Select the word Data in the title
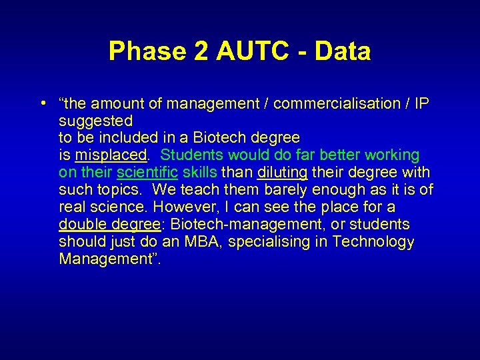point(341,51)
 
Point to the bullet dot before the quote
point(42,103)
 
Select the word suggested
point(95,121)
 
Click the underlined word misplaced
point(110,155)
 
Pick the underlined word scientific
point(147,173)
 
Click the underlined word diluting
point(282,173)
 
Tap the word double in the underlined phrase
point(81,225)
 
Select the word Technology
point(373,242)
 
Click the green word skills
point(199,173)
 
